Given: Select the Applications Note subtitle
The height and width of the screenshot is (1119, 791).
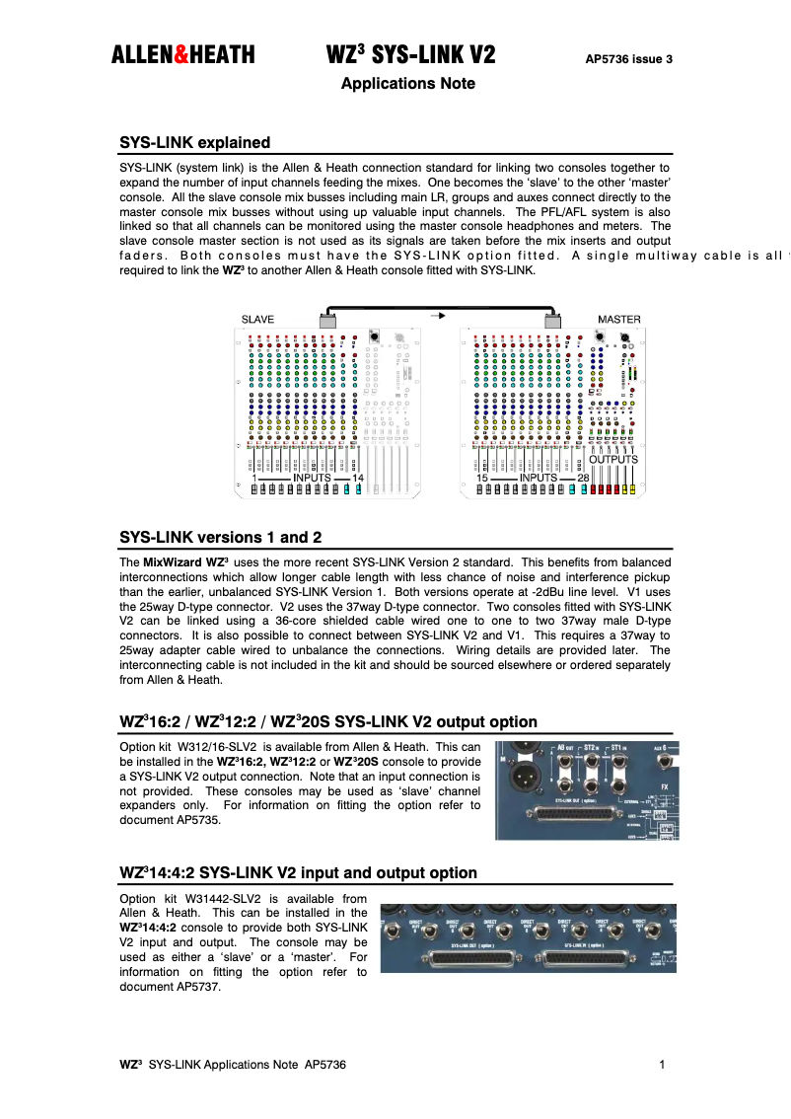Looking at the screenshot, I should pyautogui.click(x=407, y=84).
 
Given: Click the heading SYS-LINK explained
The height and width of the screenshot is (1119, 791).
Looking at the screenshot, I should pyautogui.click(x=194, y=142).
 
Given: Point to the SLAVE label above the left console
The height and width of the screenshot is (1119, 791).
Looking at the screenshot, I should pyautogui.click(x=258, y=319).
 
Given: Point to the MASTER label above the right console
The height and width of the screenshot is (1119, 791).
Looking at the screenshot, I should pyautogui.click(x=618, y=319).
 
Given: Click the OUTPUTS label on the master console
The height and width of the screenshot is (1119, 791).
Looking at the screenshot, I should pyautogui.click(x=613, y=460).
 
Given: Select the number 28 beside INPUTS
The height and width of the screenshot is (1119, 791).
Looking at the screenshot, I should pyautogui.click(x=584, y=479).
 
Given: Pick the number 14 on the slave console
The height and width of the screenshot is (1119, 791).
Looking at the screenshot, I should pyautogui.click(x=357, y=479).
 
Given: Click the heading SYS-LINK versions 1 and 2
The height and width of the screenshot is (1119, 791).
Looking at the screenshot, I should pyautogui.click(x=220, y=538).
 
